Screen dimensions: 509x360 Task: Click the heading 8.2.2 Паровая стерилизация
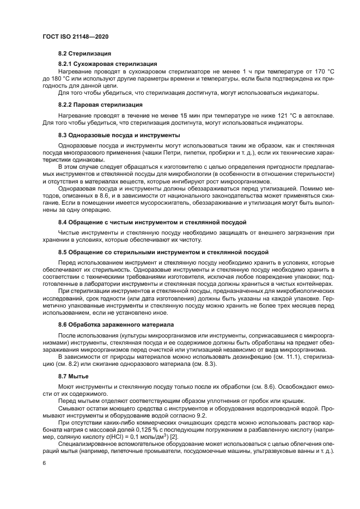(100, 104)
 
